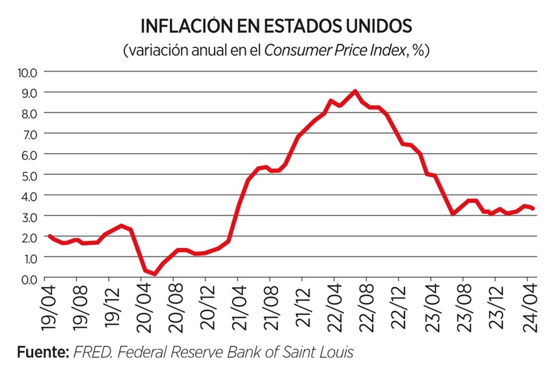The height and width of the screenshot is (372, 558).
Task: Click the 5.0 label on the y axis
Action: click(x=28, y=175)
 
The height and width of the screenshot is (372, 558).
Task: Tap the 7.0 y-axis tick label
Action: click(x=28, y=134)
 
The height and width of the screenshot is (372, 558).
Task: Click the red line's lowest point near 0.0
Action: click(x=155, y=274)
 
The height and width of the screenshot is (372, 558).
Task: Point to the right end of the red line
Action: click(x=534, y=209)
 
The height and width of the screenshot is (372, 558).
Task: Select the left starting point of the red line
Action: click(x=49, y=236)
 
